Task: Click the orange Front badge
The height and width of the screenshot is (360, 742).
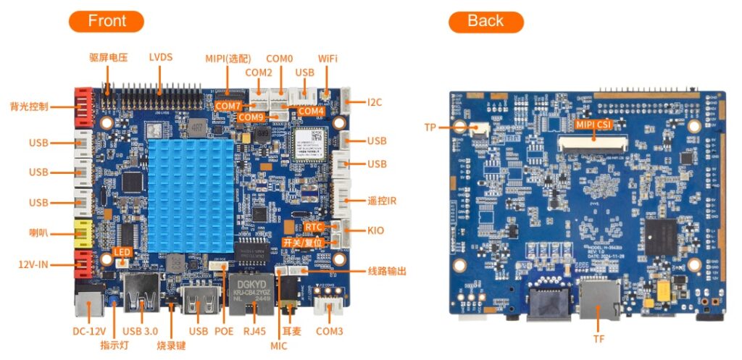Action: pyautogui.click(x=107, y=21)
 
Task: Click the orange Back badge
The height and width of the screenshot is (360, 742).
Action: pyautogui.click(x=485, y=21)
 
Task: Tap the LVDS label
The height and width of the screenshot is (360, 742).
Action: pyautogui.click(x=161, y=57)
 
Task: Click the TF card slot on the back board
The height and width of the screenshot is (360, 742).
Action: pyautogui.click(x=599, y=301)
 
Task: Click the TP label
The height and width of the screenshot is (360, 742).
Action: pyautogui.click(x=430, y=127)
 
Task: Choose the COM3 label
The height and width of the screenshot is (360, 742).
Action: pyautogui.click(x=330, y=332)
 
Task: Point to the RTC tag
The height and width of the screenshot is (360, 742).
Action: pyautogui.click(x=314, y=227)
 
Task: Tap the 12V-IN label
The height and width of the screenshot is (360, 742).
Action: pyautogui.click(x=33, y=265)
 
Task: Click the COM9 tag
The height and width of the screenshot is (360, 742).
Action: pyautogui.click(x=251, y=117)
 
